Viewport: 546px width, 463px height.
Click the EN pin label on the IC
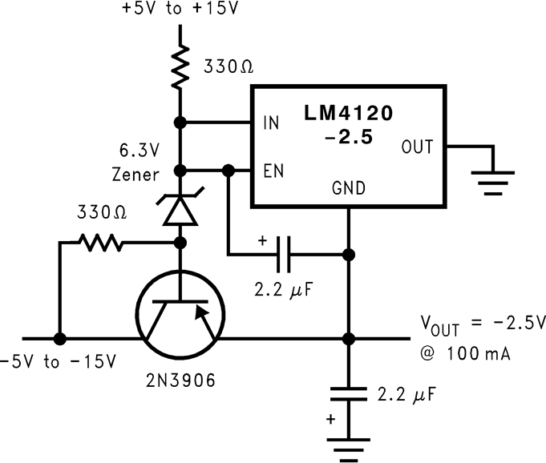270,171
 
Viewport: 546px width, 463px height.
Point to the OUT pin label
416,147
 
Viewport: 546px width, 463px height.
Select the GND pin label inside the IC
348,189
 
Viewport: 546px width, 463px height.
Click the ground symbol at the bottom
348,449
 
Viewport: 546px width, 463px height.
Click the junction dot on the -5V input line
59,338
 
